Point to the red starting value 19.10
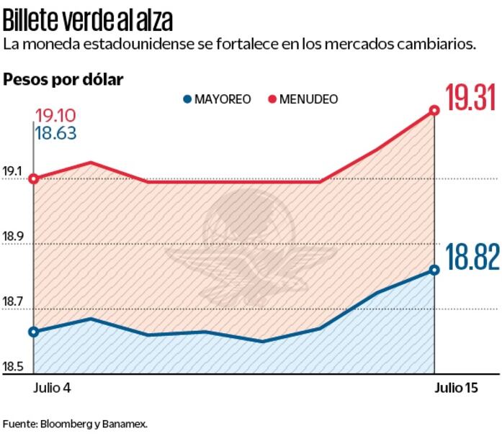tap(55, 116)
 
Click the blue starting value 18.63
tap(55, 132)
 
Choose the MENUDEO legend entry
tap(302, 99)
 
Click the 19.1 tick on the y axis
tap(13, 172)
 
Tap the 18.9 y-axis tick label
tap(13, 237)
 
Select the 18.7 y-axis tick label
tap(13, 302)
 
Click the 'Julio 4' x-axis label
tap(53, 388)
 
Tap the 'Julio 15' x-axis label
tap(455, 388)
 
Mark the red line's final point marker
tap(434, 111)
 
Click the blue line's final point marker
tap(434, 270)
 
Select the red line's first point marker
tap(33, 178)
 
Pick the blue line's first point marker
tap(33, 332)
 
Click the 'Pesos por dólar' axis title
tap(63, 79)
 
